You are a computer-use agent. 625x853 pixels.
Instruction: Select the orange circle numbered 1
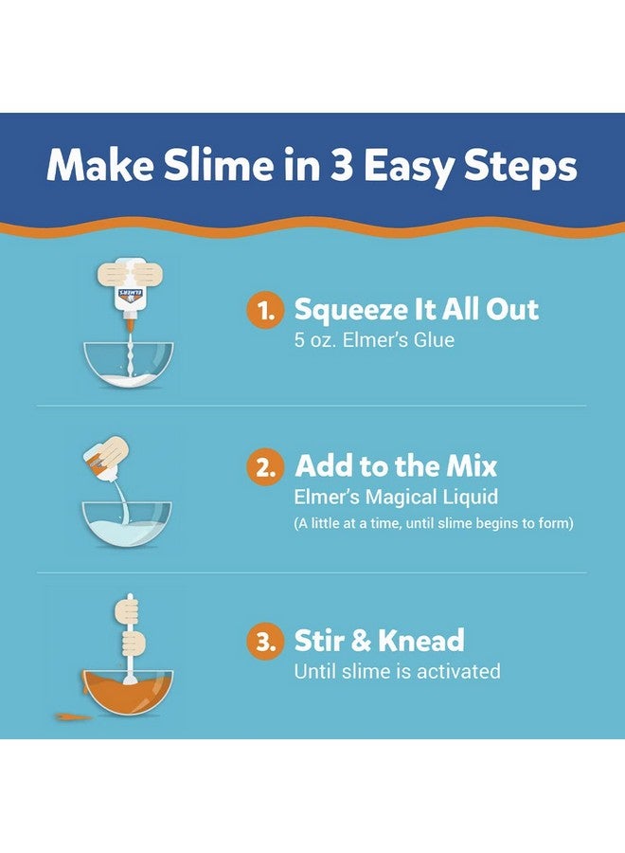coord(266,311)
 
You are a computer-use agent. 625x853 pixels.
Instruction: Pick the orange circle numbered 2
coord(266,466)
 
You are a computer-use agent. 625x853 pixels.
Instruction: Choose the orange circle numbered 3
coord(266,643)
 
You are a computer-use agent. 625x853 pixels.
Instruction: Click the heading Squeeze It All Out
coord(416,309)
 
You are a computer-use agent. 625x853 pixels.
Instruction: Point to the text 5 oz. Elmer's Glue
coord(374,339)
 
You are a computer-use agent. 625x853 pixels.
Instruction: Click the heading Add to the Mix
coord(395,465)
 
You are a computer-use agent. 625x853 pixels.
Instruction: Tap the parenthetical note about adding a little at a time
coord(434,523)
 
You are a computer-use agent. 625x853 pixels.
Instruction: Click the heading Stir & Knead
coord(379,641)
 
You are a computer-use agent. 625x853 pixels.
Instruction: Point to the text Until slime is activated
coord(397,671)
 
